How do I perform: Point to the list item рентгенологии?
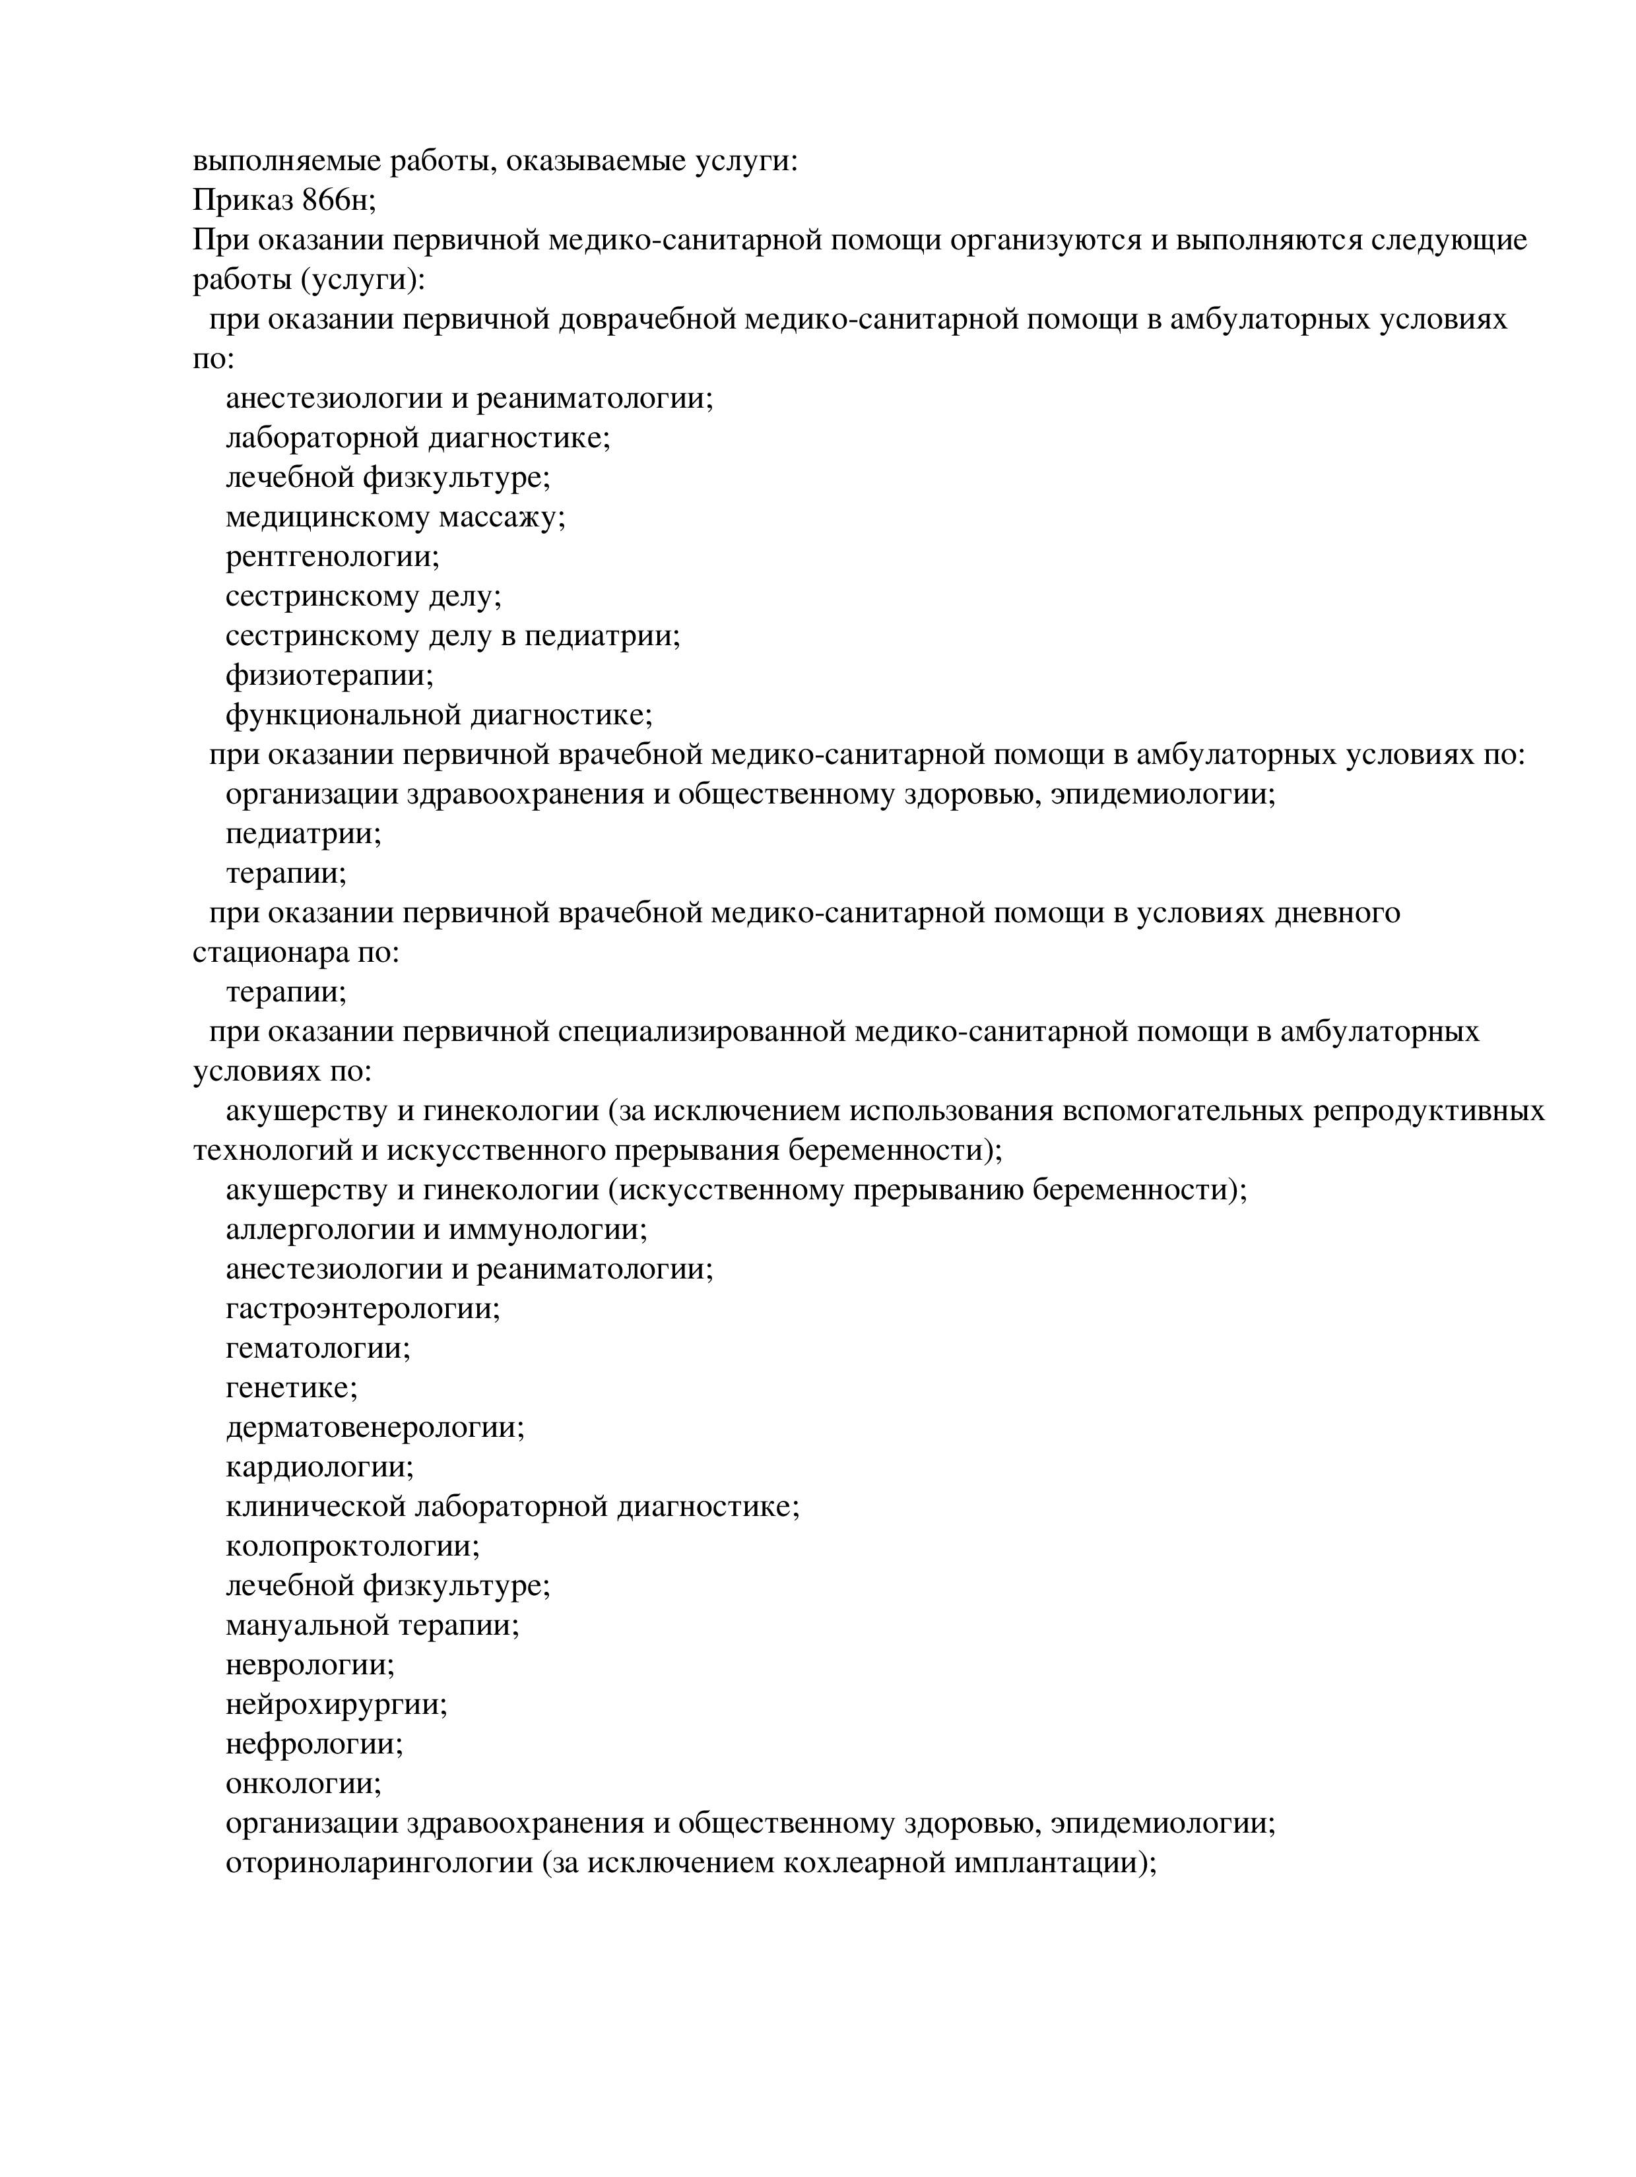[x=332, y=557]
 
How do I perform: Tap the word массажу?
[x=502, y=518]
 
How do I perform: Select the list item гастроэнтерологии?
[x=362, y=1309]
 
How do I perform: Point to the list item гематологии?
[x=317, y=1348]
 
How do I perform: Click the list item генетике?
[x=292, y=1389]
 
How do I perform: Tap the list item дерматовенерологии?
[x=374, y=1428]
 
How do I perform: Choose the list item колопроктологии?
[x=352, y=1547]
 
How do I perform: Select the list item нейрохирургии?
[x=336, y=1705]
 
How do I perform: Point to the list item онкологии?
[x=303, y=1784]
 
